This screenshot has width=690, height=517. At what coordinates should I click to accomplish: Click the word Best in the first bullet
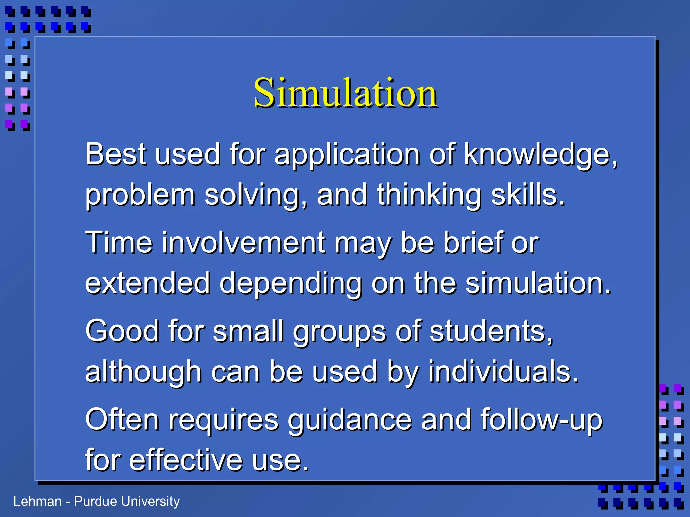(x=115, y=154)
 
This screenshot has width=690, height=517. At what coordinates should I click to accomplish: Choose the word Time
(x=119, y=242)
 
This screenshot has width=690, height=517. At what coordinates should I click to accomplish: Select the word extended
(x=148, y=283)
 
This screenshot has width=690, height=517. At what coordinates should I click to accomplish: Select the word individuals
(x=503, y=372)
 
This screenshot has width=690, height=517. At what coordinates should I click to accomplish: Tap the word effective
(x=186, y=460)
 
